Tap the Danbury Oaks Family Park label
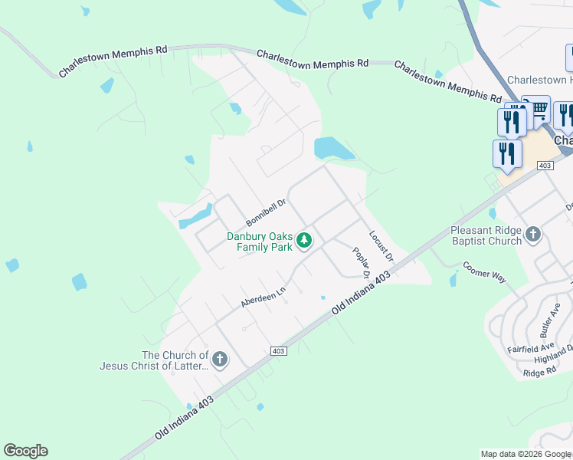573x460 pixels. click(260, 242)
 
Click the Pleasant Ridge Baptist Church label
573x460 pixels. click(486, 235)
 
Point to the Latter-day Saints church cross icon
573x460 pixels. click(220, 360)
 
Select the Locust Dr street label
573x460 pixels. click(381, 245)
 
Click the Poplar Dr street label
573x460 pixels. click(362, 262)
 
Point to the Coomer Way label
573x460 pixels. click(484, 272)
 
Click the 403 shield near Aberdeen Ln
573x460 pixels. click(278, 351)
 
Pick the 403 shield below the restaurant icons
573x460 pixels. click(545, 166)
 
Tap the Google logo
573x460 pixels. click(25, 451)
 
